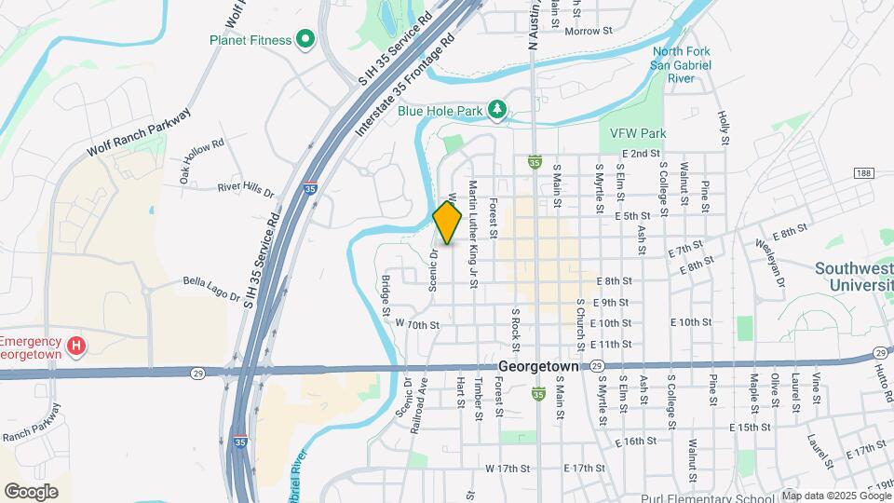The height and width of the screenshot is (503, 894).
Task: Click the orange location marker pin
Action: click(448, 224)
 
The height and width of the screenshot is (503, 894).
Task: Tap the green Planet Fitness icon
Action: click(304, 39)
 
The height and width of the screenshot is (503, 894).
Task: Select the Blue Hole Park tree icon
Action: click(498, 111)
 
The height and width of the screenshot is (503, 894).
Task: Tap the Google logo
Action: click(31, 491)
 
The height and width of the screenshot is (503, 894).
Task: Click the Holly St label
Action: click(722, 129)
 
